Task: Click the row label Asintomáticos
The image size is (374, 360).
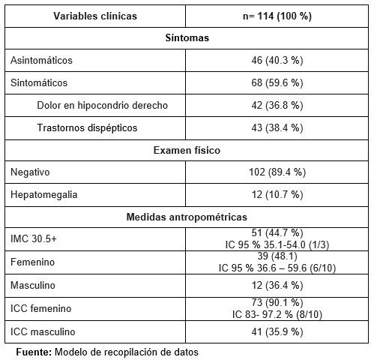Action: pos(42,59)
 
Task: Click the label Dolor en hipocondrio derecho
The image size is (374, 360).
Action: pos(102,105)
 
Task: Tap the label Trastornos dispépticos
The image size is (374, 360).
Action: pos(87,127)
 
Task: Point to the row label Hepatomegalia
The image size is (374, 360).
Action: pos(44,195)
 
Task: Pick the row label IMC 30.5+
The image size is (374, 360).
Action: pos(34,238)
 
